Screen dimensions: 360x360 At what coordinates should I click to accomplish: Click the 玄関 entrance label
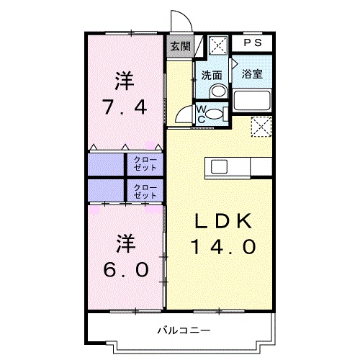180,47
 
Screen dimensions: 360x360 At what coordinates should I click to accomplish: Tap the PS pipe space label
252,43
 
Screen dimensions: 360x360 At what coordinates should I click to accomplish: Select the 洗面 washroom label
211,74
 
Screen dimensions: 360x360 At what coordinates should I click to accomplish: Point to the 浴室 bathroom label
251,74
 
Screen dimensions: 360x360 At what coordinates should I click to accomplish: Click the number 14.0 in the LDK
222,247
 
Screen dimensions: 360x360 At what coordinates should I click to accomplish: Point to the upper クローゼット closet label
145,164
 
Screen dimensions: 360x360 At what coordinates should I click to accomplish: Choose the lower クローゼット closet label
145,191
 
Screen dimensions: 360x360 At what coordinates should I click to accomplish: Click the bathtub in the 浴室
252,101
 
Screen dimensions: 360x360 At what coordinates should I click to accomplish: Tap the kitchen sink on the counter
218,167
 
